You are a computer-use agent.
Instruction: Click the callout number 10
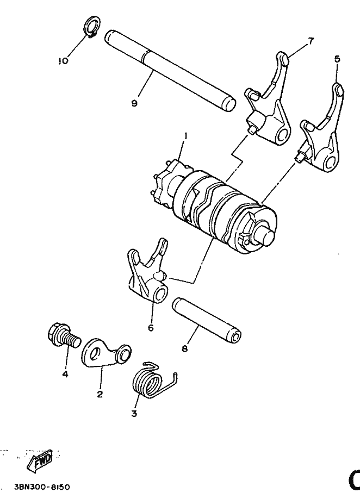point(63,61)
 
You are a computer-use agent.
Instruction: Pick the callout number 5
point(338,58)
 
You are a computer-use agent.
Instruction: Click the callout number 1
point(185,135)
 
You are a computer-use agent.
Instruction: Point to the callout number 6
point(151,327)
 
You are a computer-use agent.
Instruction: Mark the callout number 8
point(185,348)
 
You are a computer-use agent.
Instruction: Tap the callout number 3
point(134,414)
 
